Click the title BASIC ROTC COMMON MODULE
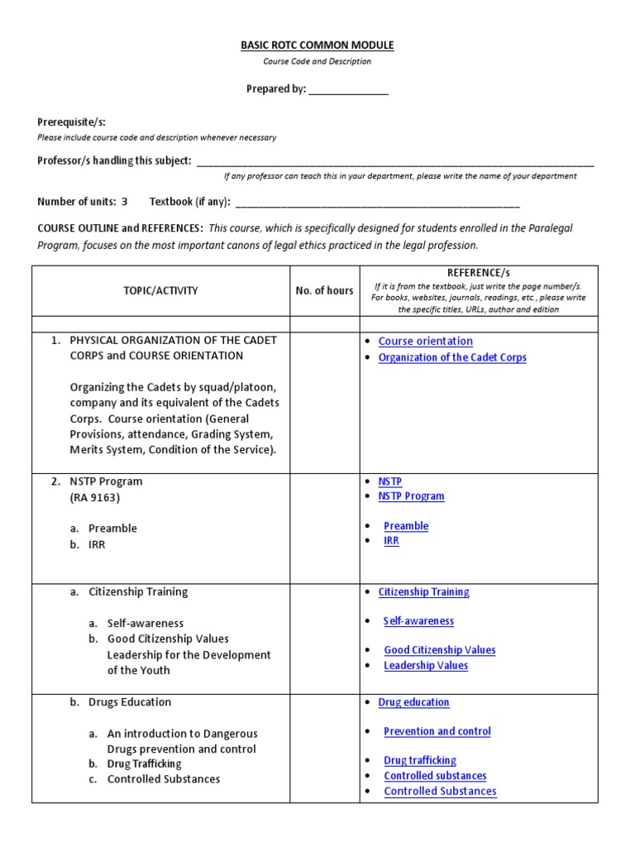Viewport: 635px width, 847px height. click(317, 45)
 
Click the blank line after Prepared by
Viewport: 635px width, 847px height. click(348, 90)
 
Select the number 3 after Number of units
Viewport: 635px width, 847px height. click(125, 201)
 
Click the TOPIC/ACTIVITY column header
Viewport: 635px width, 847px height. click(161, 290)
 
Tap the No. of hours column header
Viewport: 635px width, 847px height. click(324, 290)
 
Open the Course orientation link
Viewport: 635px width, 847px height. click(425, 341)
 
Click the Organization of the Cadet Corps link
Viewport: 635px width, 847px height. click(451, 357)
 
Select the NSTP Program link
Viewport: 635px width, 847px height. click(411, 496)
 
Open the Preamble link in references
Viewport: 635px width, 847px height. click(406, 525)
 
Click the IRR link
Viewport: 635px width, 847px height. click(391, 540)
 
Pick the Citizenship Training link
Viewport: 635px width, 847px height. click(423, 591)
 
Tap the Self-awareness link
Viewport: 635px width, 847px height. click(418, 620)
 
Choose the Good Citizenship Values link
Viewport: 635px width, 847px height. click(439, 650)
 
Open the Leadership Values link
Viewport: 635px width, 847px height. click(426, 665)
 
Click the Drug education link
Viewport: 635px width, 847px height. click(413, 702)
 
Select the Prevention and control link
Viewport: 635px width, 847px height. click(437, 731)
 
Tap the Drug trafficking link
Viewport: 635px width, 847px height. click(419, 760)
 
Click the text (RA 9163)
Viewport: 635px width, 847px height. click(94, 497)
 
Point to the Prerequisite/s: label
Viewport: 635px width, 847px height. click(72, 122)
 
